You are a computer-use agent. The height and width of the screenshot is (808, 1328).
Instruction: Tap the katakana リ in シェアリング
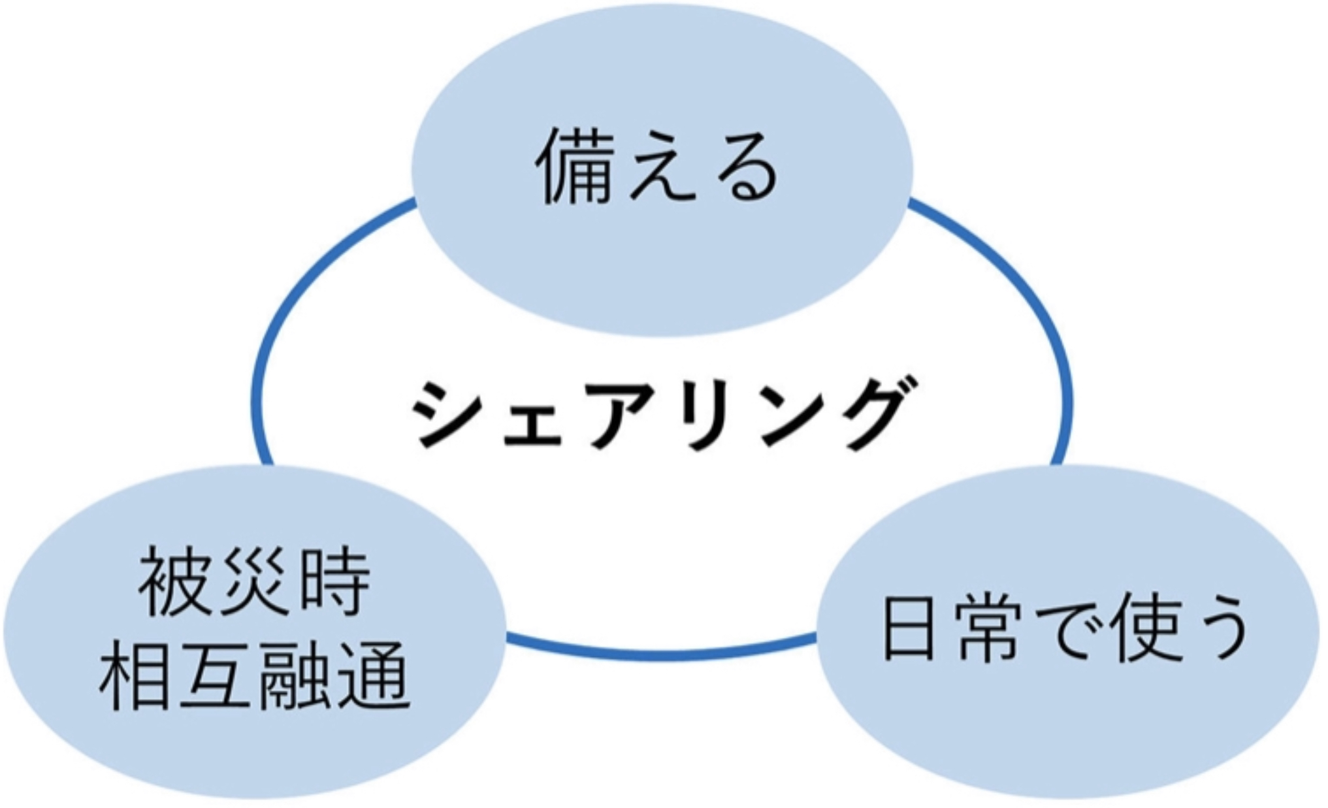[702, 412]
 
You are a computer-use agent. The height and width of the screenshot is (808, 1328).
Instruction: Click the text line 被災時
[255, 581]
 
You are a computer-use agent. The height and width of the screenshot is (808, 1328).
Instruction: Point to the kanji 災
[255, 581]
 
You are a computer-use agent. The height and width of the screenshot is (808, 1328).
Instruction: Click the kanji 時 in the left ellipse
[333, 581]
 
